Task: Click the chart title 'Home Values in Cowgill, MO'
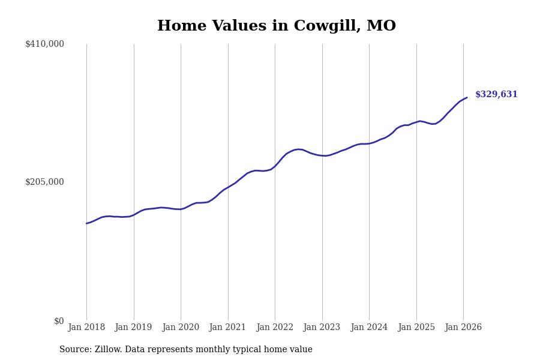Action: [276, 26]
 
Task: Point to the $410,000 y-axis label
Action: [44, 44]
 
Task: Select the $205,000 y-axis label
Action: [44, 182]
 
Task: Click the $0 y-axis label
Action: [58, 321]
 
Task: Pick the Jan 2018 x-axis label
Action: [86, 328]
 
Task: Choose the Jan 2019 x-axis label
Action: [133, 328]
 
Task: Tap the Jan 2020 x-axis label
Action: [181, 328]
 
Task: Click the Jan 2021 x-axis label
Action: [227, 328]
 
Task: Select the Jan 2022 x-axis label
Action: [275, 328]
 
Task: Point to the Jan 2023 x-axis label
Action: [322, 328]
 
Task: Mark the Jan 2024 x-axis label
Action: [369, 328]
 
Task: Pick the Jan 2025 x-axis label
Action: [416, 328]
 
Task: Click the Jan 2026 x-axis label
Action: [463, 328]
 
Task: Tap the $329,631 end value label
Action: [496, 95]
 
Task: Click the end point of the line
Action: [467, 97]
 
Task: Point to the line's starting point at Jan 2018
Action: [86, 223]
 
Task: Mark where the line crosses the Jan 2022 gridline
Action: [275, 166]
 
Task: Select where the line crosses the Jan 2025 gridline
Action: [416, 122]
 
